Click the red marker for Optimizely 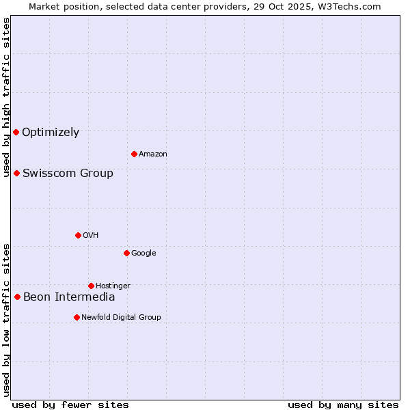tap(16, 132)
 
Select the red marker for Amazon tap(134, 154)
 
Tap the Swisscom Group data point tap(16, 173)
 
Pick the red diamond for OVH tap(78, 235)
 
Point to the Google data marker tap(126, 253)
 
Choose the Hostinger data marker tap(91, 286)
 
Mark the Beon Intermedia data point tap(17, 297)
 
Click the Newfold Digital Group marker tap(77, 317)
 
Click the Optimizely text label tap(51, 133)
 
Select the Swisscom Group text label tap(68, 174)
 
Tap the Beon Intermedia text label tap(69, 297)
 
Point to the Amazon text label tap(153, 154)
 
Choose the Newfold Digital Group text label tap(121, 317)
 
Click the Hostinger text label tap(113, 286)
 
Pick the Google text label tap(143, 254)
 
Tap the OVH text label tap(90, 236)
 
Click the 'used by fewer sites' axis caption tap(70, 405)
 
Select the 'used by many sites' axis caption tap(343, 405)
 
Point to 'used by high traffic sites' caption tap(7, 97)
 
